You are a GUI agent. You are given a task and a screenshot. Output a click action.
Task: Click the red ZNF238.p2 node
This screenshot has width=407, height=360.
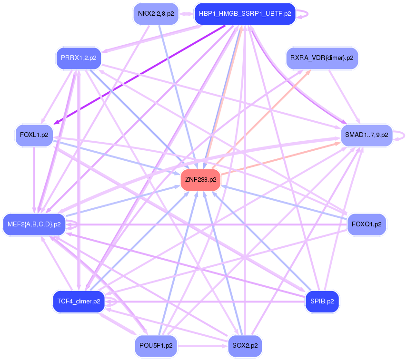tap(200, 180)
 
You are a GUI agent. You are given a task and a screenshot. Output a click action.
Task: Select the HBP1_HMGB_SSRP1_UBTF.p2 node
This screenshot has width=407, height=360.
tap(245, 13)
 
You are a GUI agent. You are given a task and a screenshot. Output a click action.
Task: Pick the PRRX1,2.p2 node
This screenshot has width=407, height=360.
tap(79, 58)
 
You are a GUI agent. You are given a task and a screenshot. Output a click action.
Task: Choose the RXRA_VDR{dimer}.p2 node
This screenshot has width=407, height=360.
tap(322, 58)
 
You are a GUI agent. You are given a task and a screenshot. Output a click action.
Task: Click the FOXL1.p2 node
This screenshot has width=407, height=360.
tap(35, 135)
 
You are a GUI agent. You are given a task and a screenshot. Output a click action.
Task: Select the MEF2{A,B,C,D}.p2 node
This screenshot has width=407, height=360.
tap(34, 224)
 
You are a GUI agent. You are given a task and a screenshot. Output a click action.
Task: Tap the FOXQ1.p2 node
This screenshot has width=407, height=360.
tap(367, 224)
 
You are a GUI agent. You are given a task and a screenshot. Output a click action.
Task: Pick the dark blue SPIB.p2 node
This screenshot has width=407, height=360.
tap(322, 301)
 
